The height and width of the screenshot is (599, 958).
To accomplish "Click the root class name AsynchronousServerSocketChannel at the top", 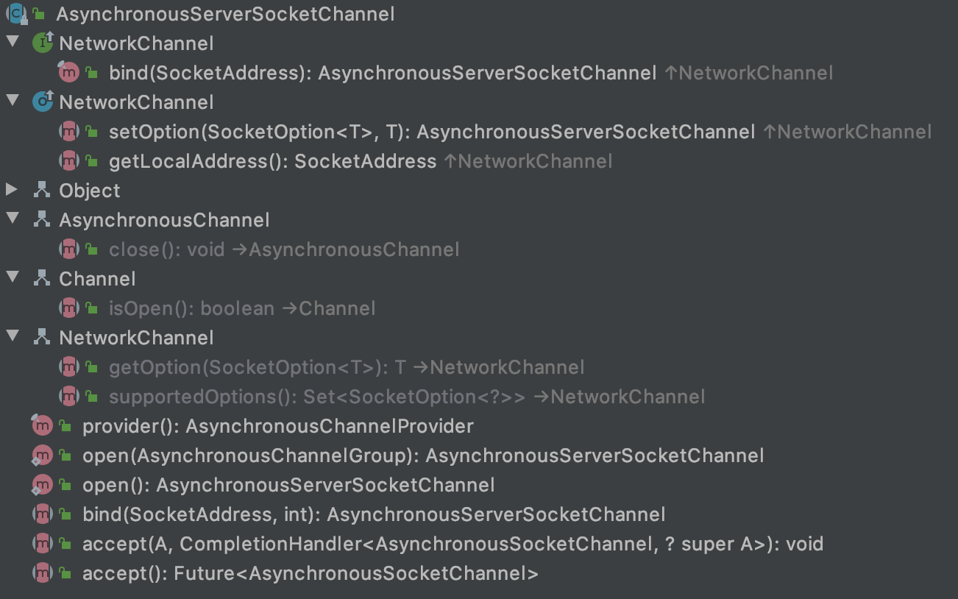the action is pos(225,14).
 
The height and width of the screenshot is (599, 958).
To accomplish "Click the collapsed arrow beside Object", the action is pos(12,190).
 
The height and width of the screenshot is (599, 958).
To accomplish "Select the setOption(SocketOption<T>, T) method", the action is pos(432,132).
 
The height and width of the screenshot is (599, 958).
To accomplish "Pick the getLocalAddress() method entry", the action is pos(272,161).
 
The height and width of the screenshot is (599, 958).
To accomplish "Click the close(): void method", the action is pos(166,249).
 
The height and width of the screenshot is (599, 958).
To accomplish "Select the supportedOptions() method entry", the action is pos(316,397).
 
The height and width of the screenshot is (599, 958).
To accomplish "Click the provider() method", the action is pos(277,426).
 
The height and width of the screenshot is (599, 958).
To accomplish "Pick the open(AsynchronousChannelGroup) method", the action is pos(422,456).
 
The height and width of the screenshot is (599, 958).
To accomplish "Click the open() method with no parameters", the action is pos(288,485).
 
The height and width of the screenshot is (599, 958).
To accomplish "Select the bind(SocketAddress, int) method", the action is pos(373,514).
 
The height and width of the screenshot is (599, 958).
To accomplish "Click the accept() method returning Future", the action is pos(310,573).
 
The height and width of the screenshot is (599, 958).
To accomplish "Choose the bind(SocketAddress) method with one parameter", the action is pos(383,73).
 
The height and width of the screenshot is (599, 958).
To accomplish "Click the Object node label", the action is pos(90,191).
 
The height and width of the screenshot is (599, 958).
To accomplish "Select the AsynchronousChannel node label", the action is pos(164,220).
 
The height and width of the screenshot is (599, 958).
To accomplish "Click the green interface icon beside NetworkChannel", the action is pos(43,43).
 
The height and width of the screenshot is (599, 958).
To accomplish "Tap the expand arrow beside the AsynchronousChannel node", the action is pos(12,219).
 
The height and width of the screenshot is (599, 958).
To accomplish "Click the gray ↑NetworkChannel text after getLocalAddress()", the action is pos(528,161).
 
